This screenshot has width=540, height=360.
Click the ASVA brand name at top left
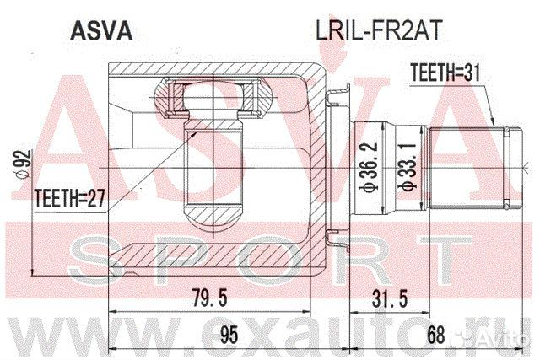pyautogui.click(x=101, y=31)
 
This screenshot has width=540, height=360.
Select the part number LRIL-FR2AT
pyautogui.click(x=379, y=30)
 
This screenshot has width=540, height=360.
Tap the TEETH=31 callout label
pyautogui.click(x=445, y=73)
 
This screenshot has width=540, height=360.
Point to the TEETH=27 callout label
pyautogui.click(x=69, y=199)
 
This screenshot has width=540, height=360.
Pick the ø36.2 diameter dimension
pyautogui.click(x=369, y=167)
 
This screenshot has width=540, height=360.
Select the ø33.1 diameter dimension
pyautogui.click(x=408, y=167)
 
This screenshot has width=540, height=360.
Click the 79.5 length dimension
pyautogui.click(x=210, y=298)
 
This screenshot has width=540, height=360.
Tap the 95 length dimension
pyautogui.click(x=229, y=335)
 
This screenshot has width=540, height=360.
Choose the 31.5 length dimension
pyautogui.click(x=390, y=298)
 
